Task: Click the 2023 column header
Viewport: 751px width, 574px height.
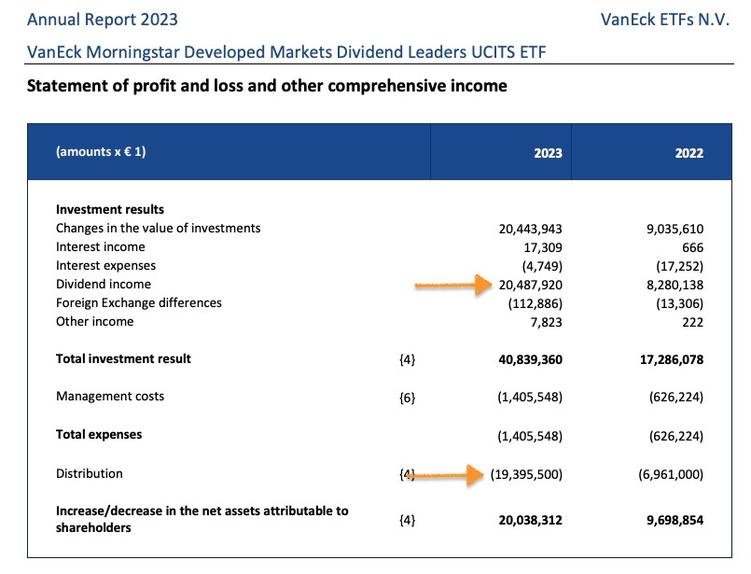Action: point(548,152)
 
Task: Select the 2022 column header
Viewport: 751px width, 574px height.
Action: point(688,152)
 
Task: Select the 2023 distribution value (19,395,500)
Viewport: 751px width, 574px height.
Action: point(526,474)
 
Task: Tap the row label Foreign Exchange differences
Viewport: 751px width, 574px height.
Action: point(139,303)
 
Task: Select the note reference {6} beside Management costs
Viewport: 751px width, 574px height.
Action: point(407,398)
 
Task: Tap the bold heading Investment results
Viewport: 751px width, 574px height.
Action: point(110,210)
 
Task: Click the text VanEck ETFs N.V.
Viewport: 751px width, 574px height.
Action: point(665,20)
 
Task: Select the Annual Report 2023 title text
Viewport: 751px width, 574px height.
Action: point(103,20)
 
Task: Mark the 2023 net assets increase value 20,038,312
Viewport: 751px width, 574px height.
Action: point(526,520)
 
